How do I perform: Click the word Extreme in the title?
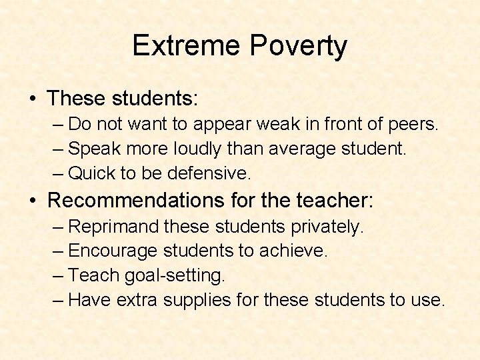(187, 46)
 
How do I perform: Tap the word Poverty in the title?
(299, 46)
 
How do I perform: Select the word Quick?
(91, 173)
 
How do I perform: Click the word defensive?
(209, 173)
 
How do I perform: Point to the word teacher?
(339, 200)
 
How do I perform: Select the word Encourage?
(113, 251)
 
